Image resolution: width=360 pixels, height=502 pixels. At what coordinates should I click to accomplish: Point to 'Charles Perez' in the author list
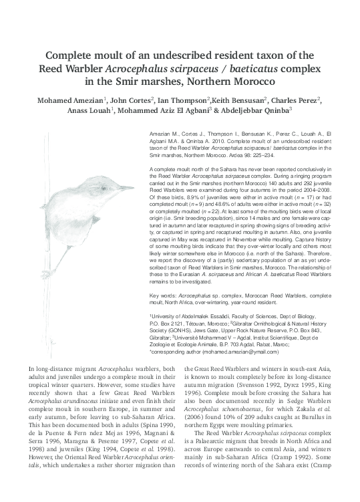tap(296, 100)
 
